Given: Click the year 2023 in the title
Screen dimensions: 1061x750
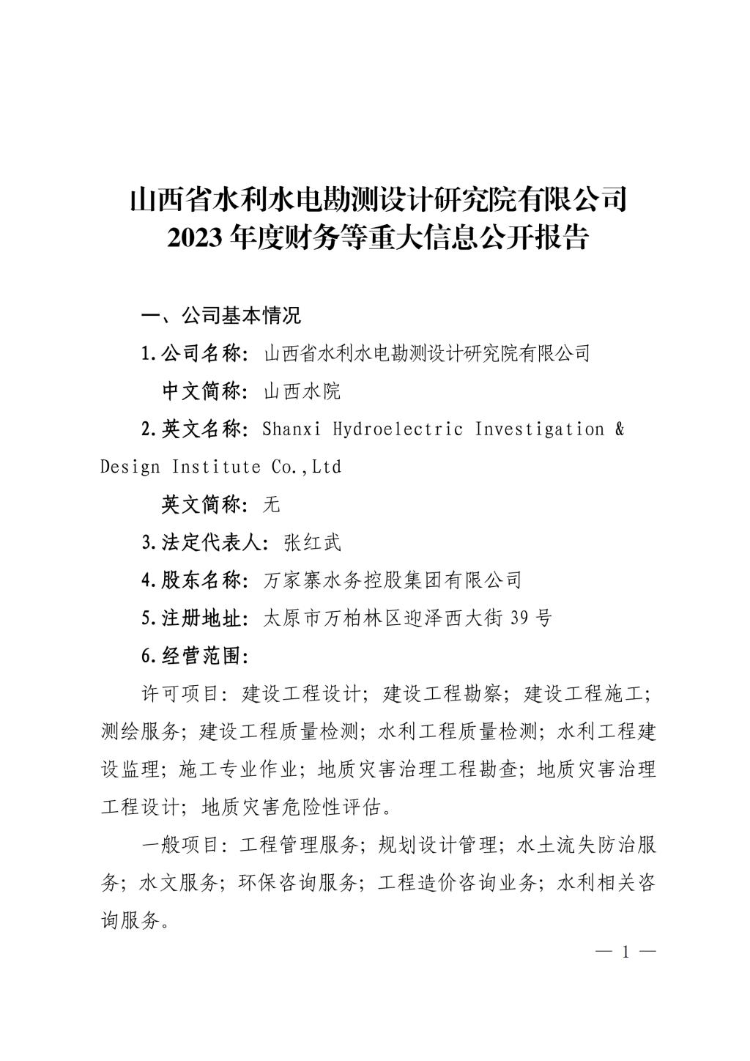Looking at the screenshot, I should [x=193, y=238].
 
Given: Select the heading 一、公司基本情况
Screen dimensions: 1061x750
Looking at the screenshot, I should [x=221, y=316].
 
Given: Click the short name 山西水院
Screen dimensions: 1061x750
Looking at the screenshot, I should [x=302, y=391].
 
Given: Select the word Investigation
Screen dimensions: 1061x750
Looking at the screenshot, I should [x=540, y=429].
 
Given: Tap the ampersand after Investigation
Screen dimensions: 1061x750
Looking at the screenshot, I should [x=620, y=429].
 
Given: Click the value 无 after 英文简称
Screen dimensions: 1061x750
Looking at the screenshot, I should [x=272, y=504].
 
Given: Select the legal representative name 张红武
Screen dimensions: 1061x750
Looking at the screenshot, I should [x=312, y=542].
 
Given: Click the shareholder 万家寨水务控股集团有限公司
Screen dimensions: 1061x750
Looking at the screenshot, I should [x=392, y=580].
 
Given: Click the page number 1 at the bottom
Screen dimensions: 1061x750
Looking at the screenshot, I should [x=625, y=953].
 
